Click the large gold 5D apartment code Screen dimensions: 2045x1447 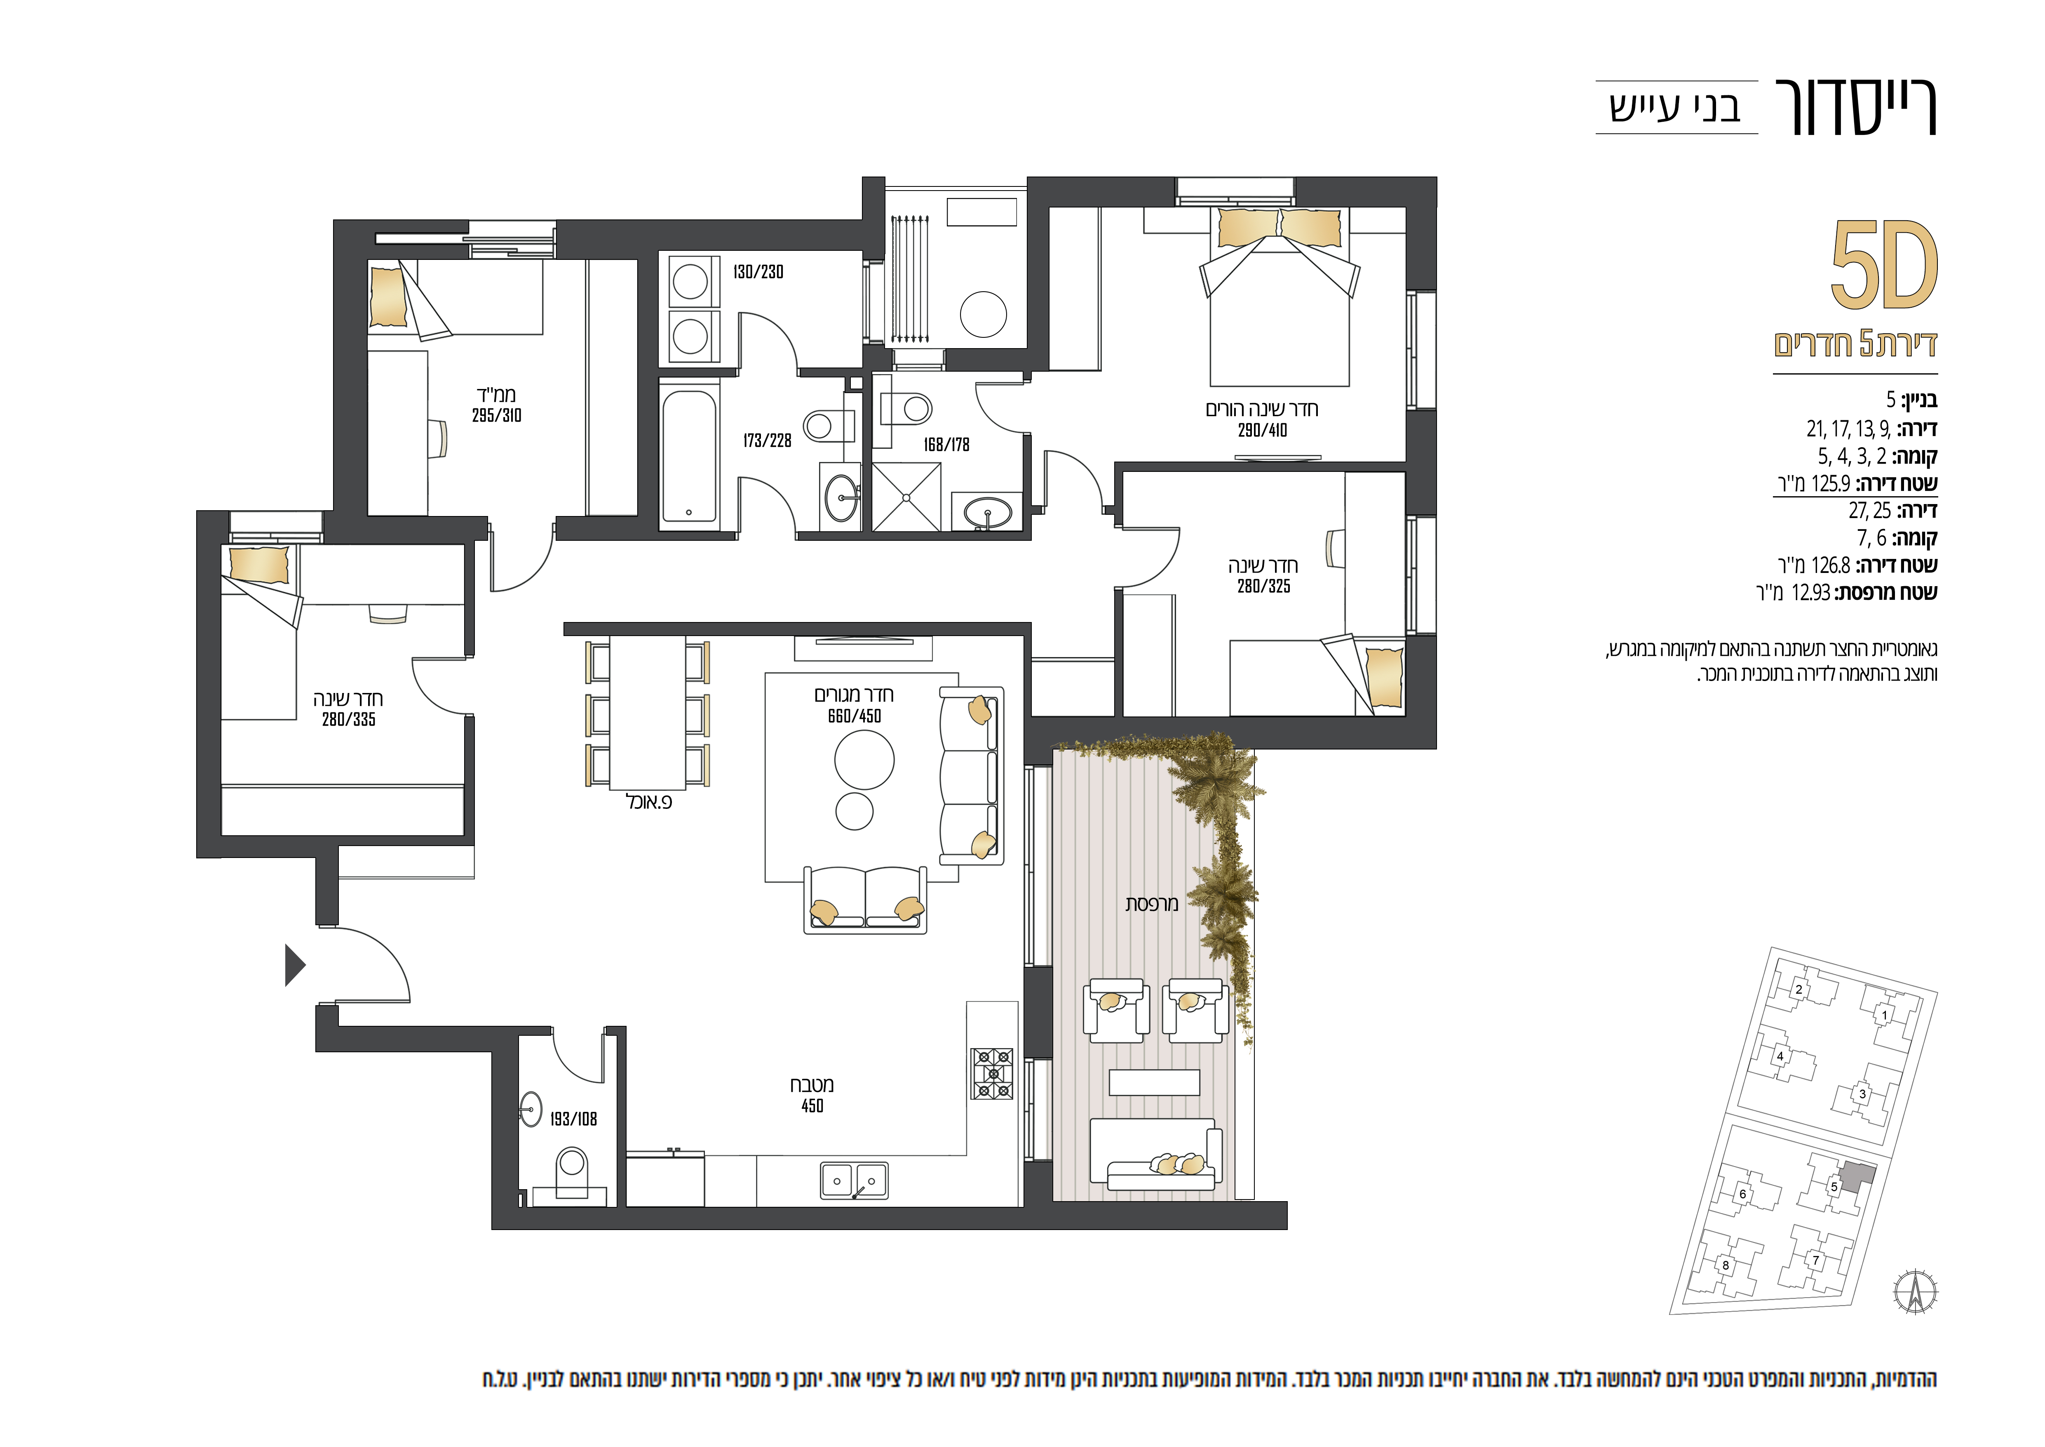[1885, 264]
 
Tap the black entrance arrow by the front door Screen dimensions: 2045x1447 [295, 965]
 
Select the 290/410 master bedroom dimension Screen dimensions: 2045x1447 [1262, 430]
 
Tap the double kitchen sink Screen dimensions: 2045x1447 [854, 1181]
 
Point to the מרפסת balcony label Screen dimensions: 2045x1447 [1152, 904]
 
